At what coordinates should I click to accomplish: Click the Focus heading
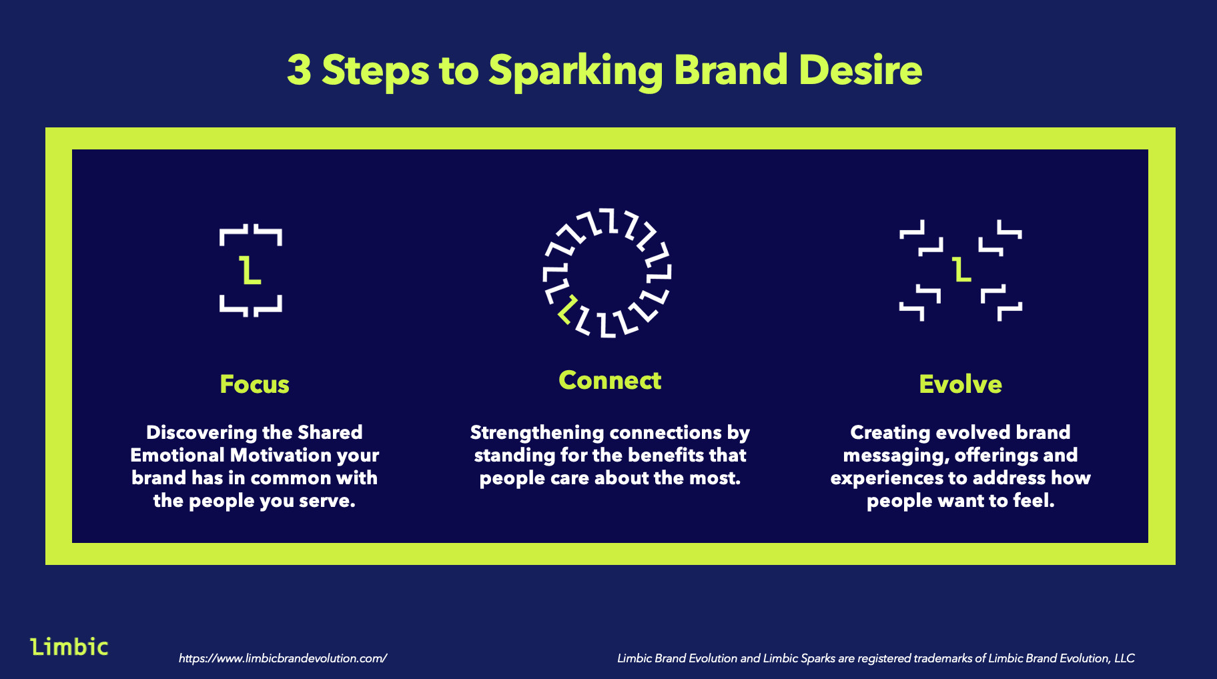tap(254, 384)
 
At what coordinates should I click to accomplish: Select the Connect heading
tap(610, 380)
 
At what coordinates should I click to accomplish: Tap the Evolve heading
tap(960, 384)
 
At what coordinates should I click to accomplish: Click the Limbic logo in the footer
tap(69, 646)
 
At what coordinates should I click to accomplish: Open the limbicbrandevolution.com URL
tap(283, 658)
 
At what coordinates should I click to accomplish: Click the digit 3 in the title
tap(299, 70)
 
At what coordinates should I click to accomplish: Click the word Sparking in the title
tap(576, 72)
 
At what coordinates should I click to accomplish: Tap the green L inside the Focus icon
tap(250, 269)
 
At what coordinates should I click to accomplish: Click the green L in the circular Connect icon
tap(567, 309)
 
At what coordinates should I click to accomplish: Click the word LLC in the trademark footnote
tap(1124, 658)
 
